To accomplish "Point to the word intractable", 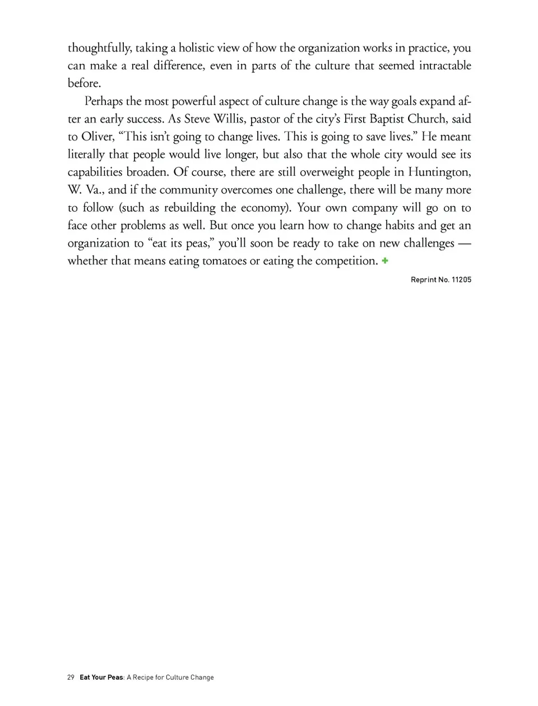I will point(445,66).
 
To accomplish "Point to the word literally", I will point(86,155).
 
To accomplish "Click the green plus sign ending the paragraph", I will point(385,261).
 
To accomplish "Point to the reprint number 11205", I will point(461,280).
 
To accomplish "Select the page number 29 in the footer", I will point(71,677).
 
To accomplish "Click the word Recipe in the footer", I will point(143,677).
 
